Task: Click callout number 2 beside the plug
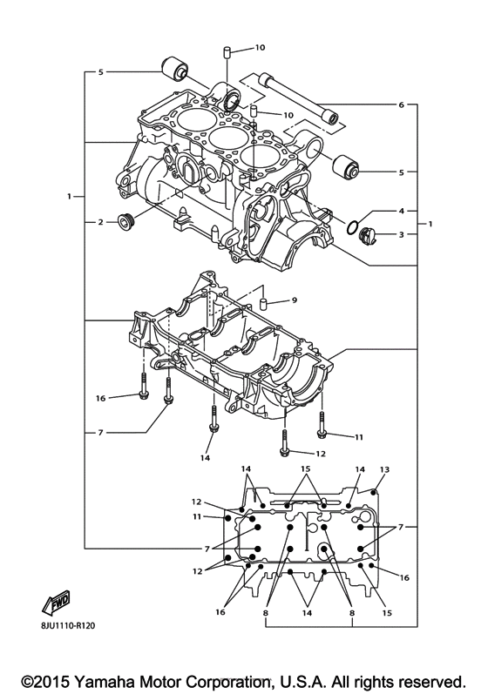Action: (x=100, y=222)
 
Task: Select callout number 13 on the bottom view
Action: (x=384, y=469)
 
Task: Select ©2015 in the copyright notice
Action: (x=47, y=679)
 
